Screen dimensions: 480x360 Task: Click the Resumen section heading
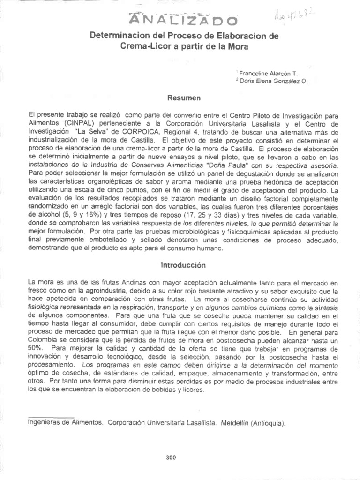tap(180, 98)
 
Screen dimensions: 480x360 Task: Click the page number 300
tap(171, 457)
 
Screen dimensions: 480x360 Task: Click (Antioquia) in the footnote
tap(268, 422)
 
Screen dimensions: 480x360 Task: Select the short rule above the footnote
tap(51, 416)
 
